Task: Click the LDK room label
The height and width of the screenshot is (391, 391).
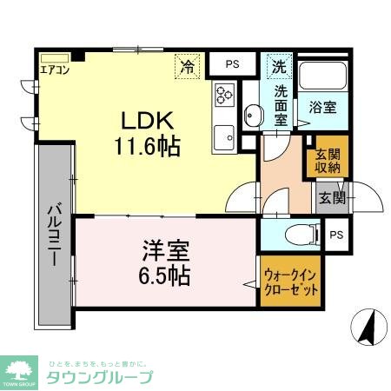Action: coord(144,122)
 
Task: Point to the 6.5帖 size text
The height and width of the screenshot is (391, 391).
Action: coord(165,277)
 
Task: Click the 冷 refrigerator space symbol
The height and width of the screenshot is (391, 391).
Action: coord(187,63)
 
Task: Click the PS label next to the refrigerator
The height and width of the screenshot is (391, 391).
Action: coord(232,63)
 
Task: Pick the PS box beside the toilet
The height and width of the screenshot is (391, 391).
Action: coord(336,234)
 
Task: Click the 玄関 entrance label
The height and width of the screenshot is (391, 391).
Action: coord(331,197)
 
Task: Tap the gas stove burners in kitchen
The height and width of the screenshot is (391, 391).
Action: coord(223,94)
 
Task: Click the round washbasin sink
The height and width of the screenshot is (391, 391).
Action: coord(253,113)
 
